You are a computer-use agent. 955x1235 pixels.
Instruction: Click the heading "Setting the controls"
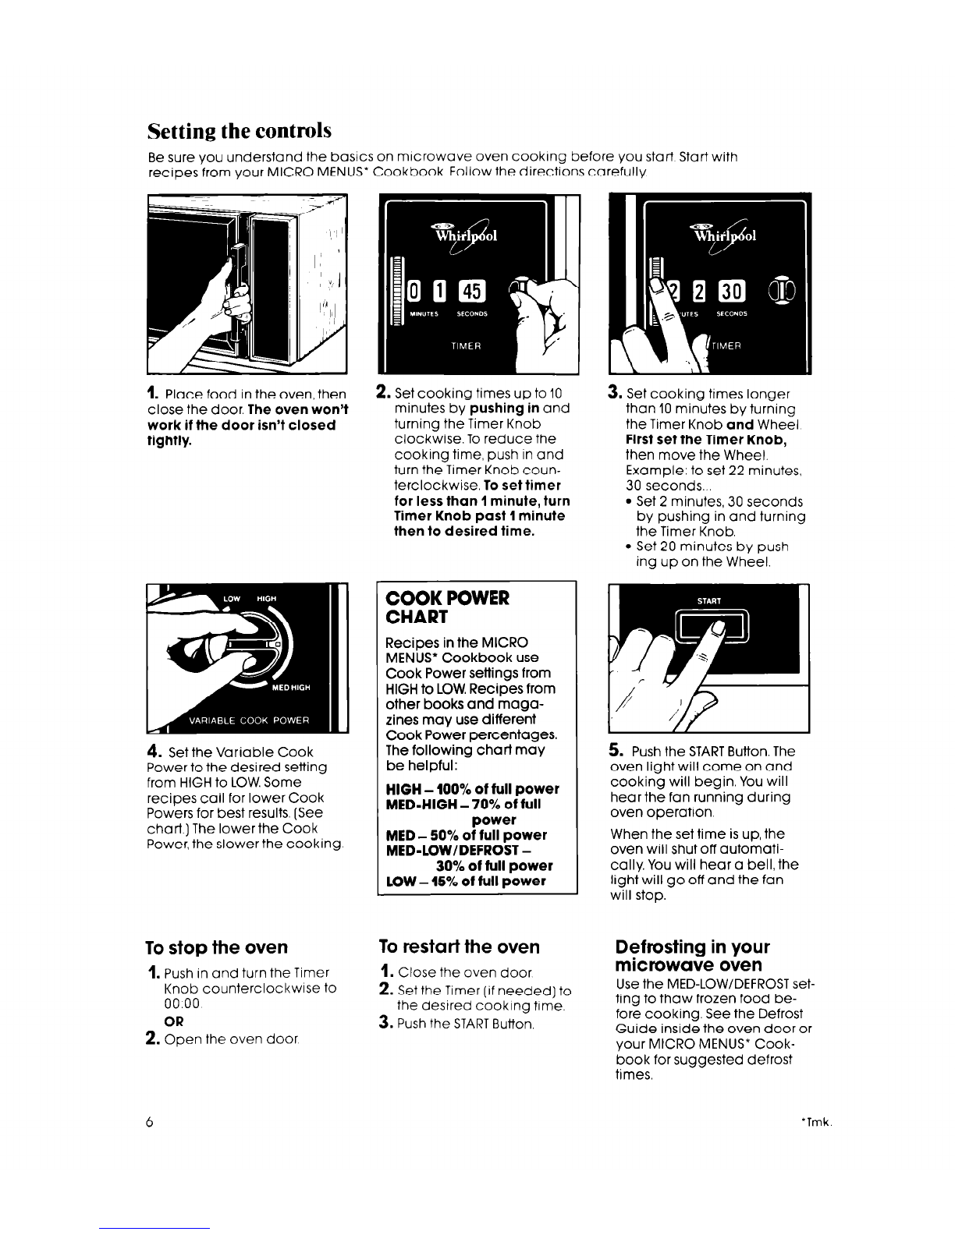[x=239, y=131]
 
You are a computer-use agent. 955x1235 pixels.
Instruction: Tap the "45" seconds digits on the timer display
[x=472, y=292]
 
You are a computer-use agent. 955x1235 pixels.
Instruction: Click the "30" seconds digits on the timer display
[x=732, y=292]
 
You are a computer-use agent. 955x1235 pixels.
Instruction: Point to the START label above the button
[x=708, y=600]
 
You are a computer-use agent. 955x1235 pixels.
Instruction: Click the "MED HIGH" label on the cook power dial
[x=291, y=688]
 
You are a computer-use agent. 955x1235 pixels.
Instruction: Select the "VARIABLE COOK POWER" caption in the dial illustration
[x=249, y=720]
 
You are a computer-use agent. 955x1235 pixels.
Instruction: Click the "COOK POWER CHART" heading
[x=447, y=607]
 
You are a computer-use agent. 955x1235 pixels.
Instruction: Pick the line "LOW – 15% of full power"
[x=465, y=881]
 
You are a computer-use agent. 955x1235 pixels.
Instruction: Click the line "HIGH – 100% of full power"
[x=472, y=789]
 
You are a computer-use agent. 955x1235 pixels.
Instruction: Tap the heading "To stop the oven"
[x=216, y=947]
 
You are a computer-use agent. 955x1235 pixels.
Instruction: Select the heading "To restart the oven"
[x=459, y=947]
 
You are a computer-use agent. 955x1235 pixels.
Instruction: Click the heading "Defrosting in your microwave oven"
[x=692, y=955]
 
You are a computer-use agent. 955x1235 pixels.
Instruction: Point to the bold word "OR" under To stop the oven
[x=173, y=1021]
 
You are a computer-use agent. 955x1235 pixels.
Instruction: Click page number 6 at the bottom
[x=149, y=1121]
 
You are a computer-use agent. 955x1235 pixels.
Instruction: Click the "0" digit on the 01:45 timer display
[x=414, y=292]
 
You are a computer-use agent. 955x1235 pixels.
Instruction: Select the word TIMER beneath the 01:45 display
[x=466, y=345]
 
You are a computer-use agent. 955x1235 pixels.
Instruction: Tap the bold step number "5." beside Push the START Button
[x=616, y=750]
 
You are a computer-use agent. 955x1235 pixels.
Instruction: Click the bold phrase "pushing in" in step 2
[x=504, y=409]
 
